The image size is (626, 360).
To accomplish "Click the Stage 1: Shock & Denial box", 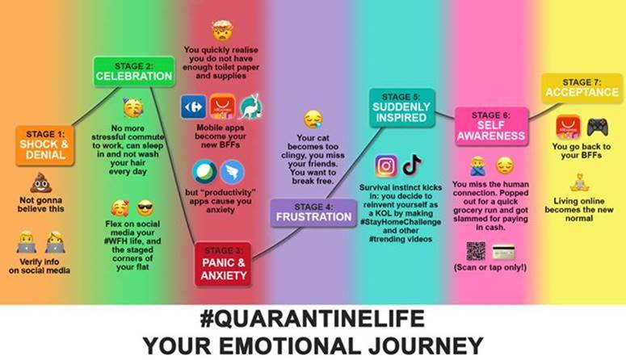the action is click(45, 145).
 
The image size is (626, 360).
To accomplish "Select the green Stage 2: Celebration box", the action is click(134, 72).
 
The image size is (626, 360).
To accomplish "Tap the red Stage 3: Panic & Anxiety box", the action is click(223, 264).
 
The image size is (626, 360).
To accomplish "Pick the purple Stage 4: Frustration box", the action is click(313, 213).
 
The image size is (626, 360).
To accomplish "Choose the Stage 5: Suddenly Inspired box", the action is click(401, 108).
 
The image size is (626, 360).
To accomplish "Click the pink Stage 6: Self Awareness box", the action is click(491, 126).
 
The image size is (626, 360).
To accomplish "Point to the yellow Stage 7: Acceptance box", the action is click(582, 88).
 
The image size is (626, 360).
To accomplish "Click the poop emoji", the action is click(40, 183).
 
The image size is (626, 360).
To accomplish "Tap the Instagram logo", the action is click(386, 165).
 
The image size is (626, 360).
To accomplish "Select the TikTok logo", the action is click(412, 165).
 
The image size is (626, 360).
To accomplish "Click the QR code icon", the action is click(476, 251).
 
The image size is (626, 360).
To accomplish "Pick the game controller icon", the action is click(597, 128).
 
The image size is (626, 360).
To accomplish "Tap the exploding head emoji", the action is click(222, 31).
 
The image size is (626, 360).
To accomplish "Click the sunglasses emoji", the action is click(145, 208).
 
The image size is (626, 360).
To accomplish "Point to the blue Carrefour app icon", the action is click(194, 107).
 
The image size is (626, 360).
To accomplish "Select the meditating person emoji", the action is click(579, 182).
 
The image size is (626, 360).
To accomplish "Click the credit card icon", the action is click(503, 252).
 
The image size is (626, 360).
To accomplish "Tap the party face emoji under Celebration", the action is click(133, 107).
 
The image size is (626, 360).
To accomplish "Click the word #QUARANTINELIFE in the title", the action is click(313, 319).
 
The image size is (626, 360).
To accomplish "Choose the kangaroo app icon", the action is click(250, 107).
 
